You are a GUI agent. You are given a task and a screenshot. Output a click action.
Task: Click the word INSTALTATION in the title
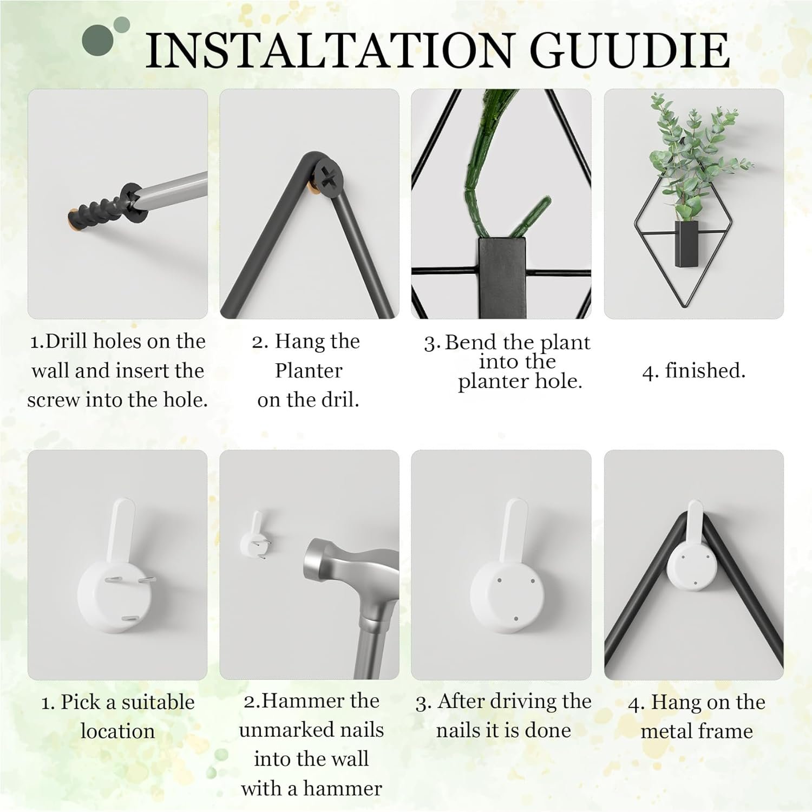coord(328,50)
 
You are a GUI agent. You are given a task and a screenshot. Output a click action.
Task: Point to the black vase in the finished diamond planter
coord(687,243)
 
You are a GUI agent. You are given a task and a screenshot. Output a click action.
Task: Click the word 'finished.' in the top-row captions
coord(705,371)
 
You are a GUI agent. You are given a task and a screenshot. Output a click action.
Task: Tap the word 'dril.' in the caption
coord(339,400)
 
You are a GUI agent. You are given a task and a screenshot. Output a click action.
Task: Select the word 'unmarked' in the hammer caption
coord(311,730)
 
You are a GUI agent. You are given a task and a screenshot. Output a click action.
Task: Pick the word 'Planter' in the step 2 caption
coord(309,371)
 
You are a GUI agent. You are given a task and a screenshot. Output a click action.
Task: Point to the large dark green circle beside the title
coord(99,40)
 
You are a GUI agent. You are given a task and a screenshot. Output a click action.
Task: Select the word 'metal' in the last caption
coord(669,731)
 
